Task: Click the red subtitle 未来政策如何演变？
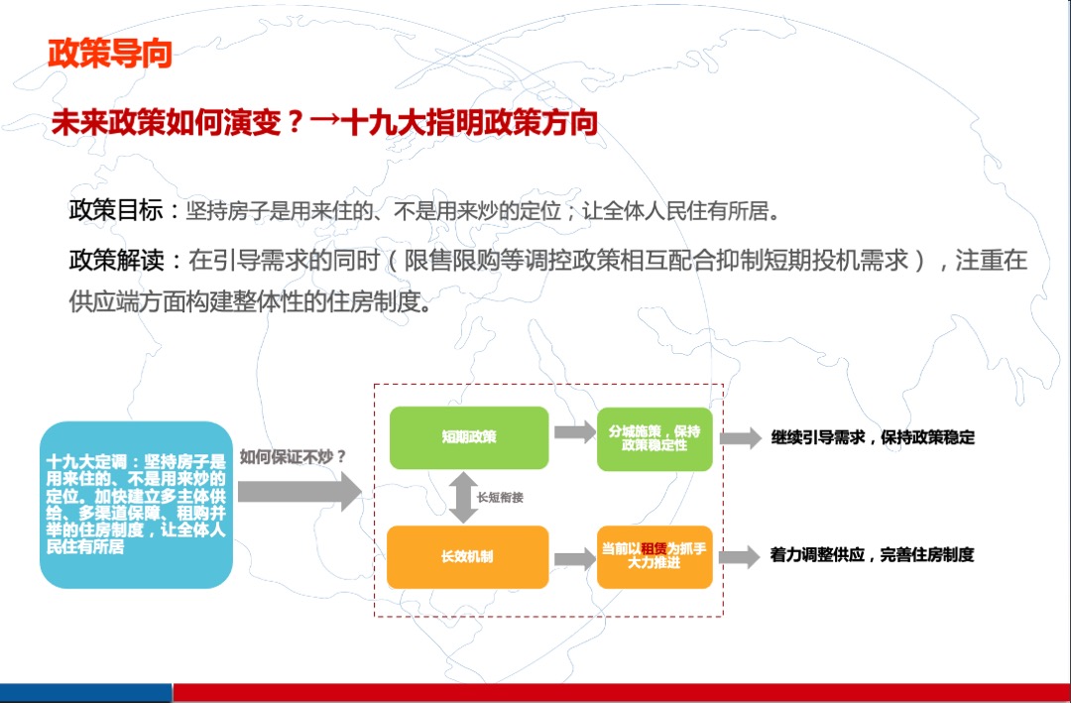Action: [179, 122]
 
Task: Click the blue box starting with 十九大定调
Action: [136, 504]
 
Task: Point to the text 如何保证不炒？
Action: [293, 457]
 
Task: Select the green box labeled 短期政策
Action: [468, 437]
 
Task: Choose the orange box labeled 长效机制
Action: [467, 556]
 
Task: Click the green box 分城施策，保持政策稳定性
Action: [654, 438]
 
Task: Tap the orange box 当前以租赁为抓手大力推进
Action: [654, 556]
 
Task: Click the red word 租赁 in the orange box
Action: [653, 548]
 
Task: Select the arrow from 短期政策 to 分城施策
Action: [574, 432]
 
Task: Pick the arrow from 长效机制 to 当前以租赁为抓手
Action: [574, 559]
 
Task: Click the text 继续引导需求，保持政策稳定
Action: [873, 437]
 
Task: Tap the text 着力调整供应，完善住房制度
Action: [872, 555]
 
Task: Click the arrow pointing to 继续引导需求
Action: [739, 438]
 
